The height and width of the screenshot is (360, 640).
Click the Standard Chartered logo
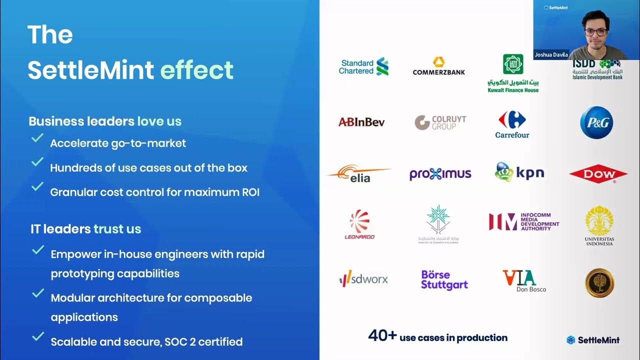tap(363, 66)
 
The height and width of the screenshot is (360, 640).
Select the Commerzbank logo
tap(438, 66)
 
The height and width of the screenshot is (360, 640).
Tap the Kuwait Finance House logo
tap(513, 73)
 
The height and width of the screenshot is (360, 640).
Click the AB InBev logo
tap(361, 122)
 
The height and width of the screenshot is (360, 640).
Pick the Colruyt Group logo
tap(440, 122)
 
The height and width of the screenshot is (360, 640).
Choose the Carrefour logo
tap(512, 124)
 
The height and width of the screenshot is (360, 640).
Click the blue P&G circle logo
tap(596, 122)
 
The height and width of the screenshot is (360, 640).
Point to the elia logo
tap(359, 174)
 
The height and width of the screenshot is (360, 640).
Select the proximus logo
tap(440, 174)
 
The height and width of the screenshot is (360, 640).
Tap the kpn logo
tap(519, 172)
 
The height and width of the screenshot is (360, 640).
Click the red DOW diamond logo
tap(598, 174)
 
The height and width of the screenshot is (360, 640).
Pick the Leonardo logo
tap(359, 224)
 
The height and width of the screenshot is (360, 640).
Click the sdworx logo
tap(363, 278)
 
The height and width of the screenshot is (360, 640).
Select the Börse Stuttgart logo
tap(444, 280)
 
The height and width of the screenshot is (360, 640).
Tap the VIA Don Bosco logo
tap(523, 280)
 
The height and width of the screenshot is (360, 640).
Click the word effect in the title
tap(196, 70)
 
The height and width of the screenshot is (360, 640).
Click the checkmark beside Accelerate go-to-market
tap(37, 138)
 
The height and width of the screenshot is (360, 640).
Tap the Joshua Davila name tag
tap(551, 55)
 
